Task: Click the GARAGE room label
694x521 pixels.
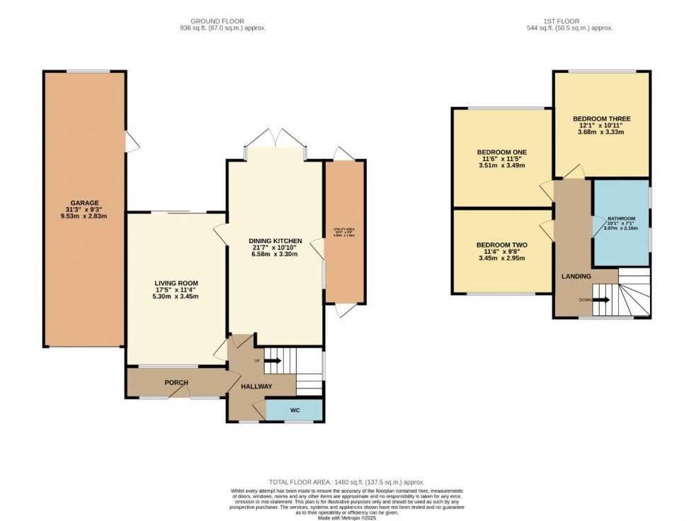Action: point(84,202)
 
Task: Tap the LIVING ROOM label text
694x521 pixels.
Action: point(176,283)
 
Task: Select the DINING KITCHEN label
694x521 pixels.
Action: point(276,241)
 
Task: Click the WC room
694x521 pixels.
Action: point(295,410)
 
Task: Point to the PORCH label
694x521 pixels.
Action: point(176,383)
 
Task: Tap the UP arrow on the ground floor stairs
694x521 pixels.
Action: point(273,361)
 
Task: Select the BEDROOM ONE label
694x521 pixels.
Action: point(502,152)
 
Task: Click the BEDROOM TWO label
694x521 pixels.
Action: point(502,245)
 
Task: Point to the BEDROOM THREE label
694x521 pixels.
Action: point(601,118)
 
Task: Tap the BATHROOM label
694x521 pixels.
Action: point(620,218)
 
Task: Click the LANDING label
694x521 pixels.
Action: point(576,276)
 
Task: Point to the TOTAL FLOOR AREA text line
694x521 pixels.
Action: point(346,482)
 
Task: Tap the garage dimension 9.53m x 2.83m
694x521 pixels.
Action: point(84,218)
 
